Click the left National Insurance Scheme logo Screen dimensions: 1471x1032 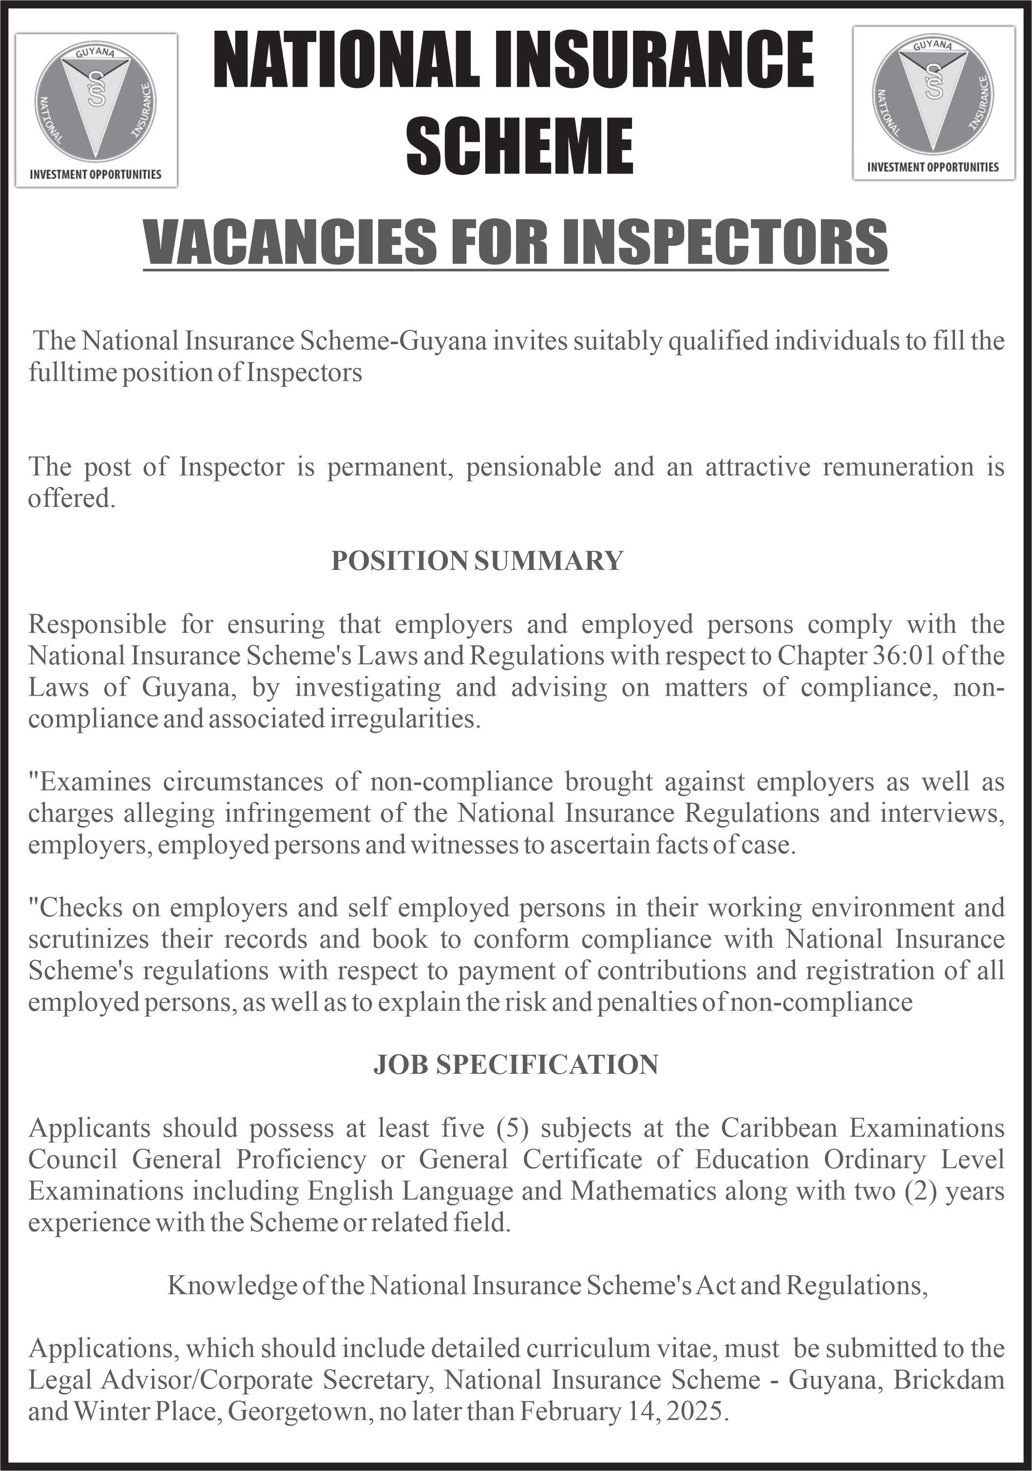pos(96,102)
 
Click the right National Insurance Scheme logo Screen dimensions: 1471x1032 pos(934,96)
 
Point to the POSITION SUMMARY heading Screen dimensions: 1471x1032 pos(477,561)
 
